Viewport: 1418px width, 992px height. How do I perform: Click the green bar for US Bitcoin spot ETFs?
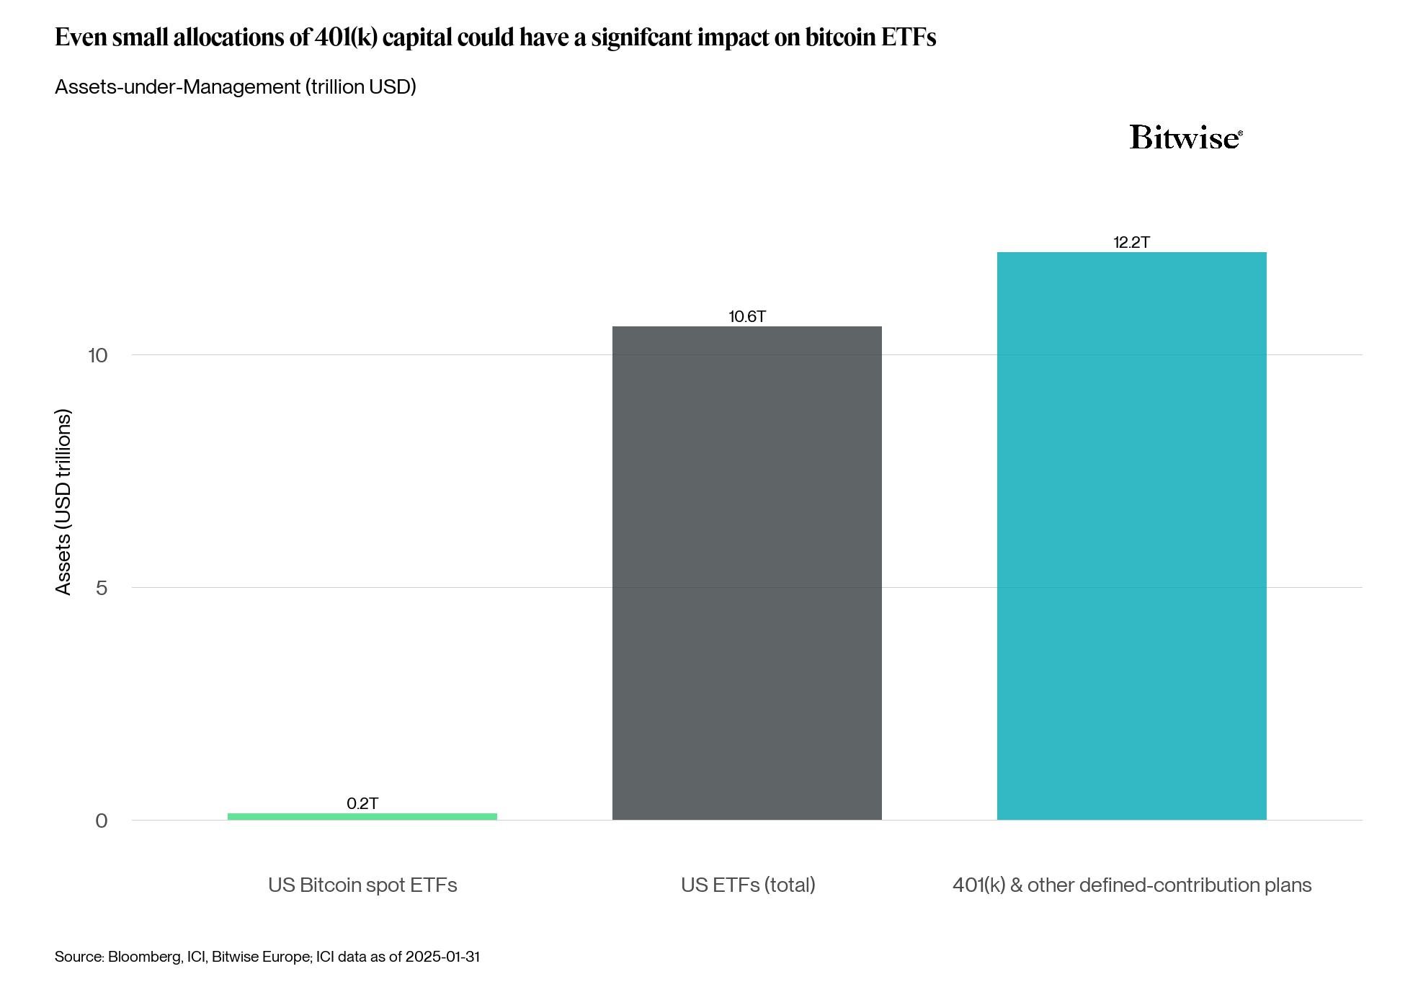[x=362, y=816]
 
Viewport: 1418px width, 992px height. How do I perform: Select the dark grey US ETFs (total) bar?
[x=746, y=573]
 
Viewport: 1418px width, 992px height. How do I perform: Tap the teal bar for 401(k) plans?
[x=1131, y=536]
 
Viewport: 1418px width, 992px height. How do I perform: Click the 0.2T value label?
[x=362, y=803]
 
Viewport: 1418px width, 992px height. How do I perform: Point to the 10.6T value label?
[x=746, y=316]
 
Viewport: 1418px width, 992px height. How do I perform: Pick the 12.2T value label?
[x=1131, y=242]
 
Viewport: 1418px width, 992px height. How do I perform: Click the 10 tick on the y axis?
[x=97, y=355]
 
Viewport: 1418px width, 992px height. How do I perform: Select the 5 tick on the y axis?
[x=101, y=588]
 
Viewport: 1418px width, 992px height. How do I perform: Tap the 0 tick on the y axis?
[x=101, y=821]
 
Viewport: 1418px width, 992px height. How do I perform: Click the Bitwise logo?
[x=1185, y=137]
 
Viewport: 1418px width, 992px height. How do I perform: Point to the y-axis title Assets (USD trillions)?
[x=63, y=502]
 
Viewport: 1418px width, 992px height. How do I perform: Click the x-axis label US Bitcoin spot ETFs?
[x=362, y=885]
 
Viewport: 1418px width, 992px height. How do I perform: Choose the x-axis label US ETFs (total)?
[x=748, y=885]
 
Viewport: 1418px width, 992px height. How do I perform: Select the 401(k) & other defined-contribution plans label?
[x=1131, y=885]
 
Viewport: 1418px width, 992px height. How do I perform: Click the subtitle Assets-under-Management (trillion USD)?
[x=236, y=87]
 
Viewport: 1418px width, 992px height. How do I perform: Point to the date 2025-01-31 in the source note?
[x=442, y=957]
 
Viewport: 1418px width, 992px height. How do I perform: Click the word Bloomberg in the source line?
[x=144, y=957]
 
